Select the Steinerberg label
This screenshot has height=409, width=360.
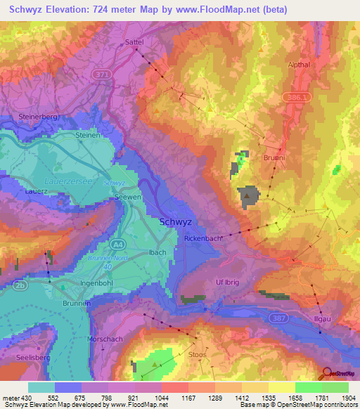click(38, 116)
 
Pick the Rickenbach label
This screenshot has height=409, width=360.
click(203, 239)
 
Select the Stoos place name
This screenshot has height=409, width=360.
click(198, 355)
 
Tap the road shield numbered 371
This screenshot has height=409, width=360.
click(103, 73)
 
